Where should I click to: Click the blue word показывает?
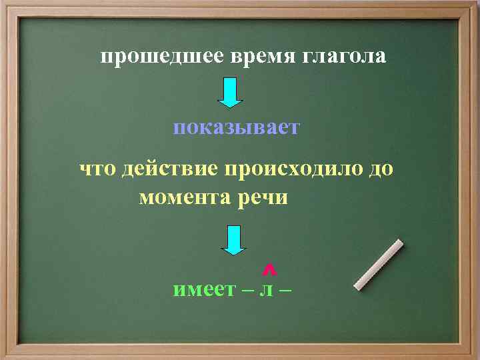[x=237, y=128]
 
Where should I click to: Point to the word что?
[x=98, y=169]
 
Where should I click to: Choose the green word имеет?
[x=203, y=289]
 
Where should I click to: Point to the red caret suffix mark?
[x=269, y=269]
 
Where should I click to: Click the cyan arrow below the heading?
[x=230, y=93]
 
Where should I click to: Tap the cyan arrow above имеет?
[x=233, y=240]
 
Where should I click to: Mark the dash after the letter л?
[x=287, y=290]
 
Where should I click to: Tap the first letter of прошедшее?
[x=107, y=58]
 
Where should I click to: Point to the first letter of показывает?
[x=179, y=129]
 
